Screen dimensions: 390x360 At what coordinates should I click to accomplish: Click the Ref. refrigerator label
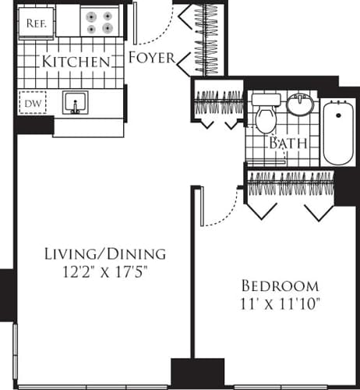[36, 23]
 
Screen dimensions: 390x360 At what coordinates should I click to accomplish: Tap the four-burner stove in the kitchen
[100, 22]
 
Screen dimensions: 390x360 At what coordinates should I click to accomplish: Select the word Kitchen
[75, 61]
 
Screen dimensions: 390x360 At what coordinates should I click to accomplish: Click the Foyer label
[151, 57]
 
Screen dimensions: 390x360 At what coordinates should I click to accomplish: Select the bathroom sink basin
[299, 104]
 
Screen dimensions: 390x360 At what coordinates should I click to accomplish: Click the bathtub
[338, 130]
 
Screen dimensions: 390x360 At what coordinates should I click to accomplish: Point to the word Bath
[288, 144]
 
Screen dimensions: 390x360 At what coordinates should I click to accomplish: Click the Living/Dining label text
[104, 253]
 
